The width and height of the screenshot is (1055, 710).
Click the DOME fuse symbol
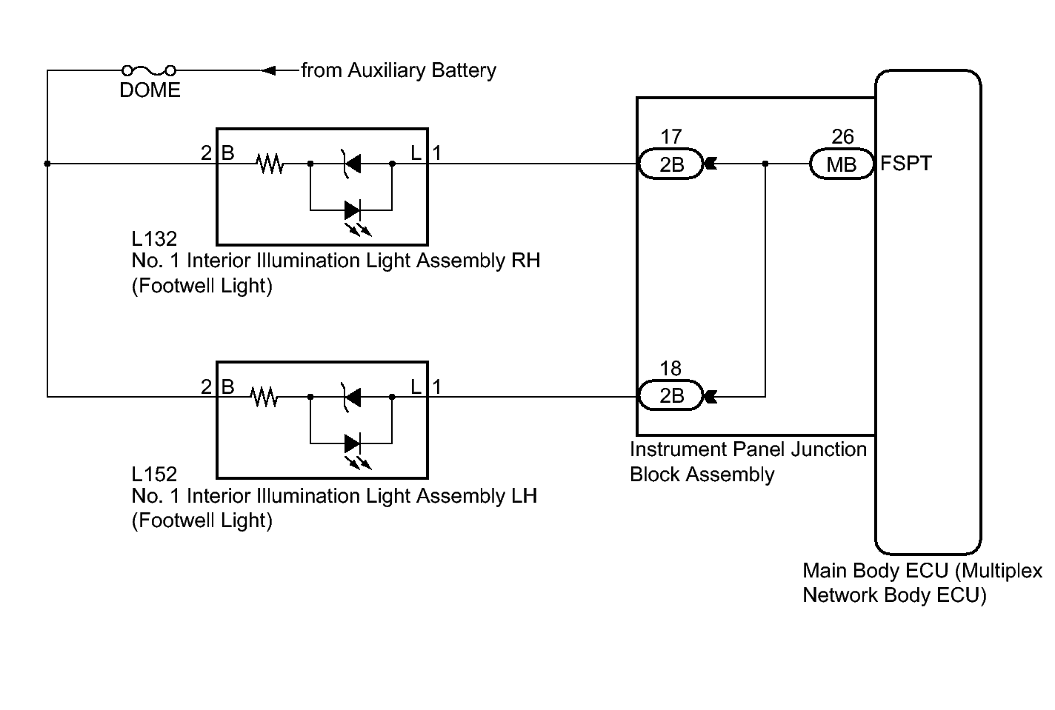(x=149, y=70)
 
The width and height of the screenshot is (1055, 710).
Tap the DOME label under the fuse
(x=150, y=90)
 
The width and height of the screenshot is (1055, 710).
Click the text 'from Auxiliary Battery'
(x=399, y=70)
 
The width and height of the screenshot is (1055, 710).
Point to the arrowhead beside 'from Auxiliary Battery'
(x=270, y=70)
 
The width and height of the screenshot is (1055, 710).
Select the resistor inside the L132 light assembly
(x=270, y=164)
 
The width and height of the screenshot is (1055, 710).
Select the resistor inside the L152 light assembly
(x=264, y=398)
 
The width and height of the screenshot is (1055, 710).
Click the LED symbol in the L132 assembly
(x=353, y=210)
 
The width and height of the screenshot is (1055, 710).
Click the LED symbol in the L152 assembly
(x=353, y=444)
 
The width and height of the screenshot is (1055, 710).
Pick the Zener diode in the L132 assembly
(x=351, y=164)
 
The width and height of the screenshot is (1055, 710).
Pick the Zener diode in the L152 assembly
(x=351, y=398)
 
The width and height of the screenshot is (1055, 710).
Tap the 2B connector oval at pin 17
(x=671, y=164)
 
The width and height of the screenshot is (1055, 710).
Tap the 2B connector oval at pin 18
(x=671, y=396)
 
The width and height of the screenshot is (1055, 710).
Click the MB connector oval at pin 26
(x=842, y=164)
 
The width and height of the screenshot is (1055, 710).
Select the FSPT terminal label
(x=905, y=163)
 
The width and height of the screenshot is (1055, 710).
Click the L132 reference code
(x=154, y=238)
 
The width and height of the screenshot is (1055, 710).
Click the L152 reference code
(x=154, y=474)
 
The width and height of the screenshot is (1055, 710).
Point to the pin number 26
(x=842, y=137)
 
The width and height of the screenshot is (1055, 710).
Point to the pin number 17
(x=670, y=137)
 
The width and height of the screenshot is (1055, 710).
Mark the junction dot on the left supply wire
(x=47, y=164)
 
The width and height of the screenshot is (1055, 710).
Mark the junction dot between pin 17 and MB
(x=765, y=164)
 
